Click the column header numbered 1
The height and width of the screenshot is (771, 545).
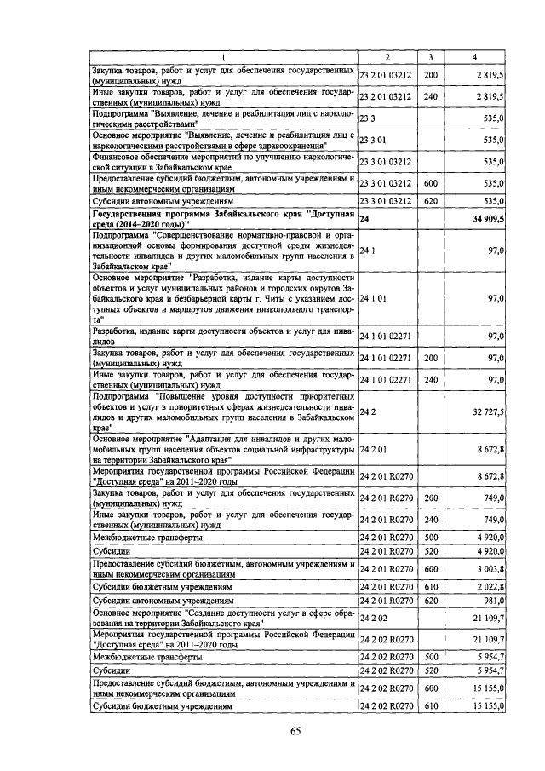coord(223,57)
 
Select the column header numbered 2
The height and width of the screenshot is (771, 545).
coord(387,57)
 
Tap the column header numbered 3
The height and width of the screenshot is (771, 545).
coord(431,57)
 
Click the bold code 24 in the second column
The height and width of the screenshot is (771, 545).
coord(364,219)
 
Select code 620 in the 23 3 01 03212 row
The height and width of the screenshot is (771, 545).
coord(430,201)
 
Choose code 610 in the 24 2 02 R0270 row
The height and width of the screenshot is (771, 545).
coord(430,706)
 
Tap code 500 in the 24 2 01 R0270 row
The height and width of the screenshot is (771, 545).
coord(430,537)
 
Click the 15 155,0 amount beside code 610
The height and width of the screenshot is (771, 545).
coord(487,706)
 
